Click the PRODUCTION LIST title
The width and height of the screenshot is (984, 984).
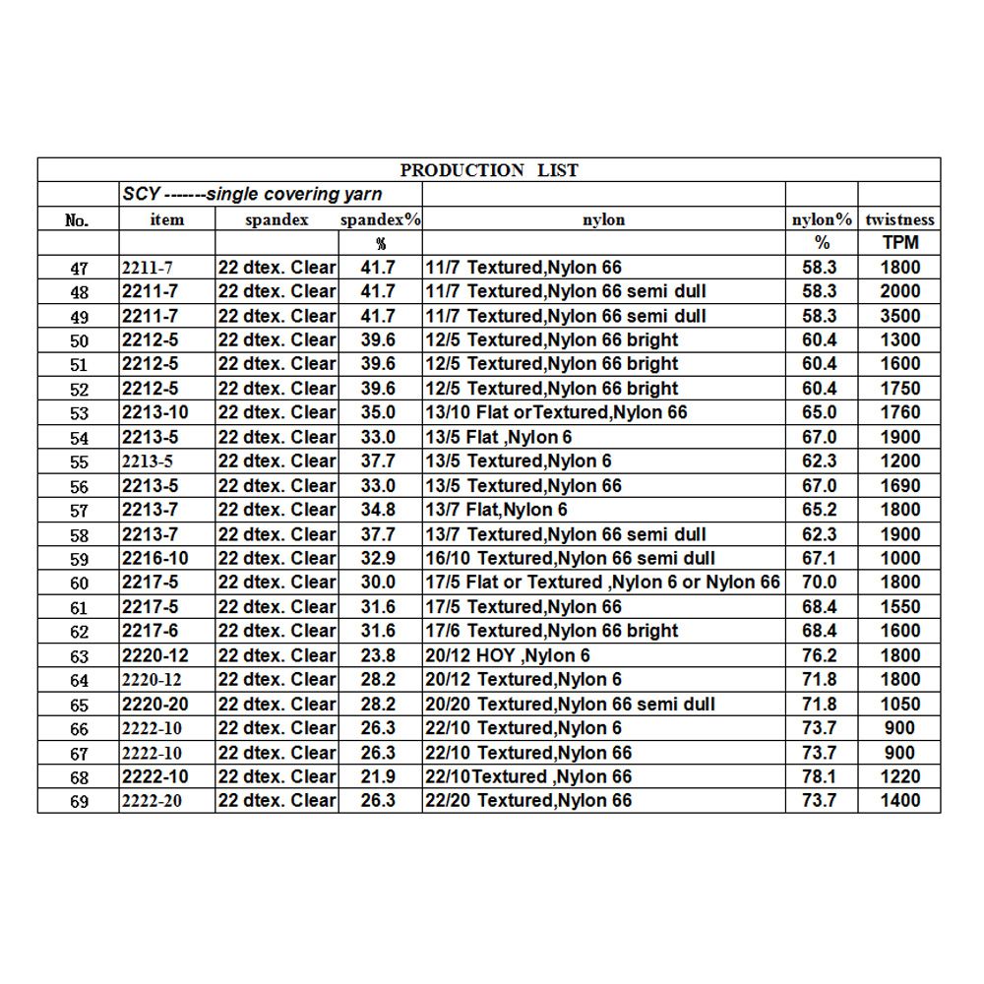tap(489, 170)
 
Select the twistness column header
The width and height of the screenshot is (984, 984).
tap(899, 219)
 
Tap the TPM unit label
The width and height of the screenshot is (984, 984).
tap(899, 243)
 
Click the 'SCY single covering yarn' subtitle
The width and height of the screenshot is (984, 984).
tap(253, 195)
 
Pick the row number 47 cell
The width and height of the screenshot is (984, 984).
tap(79, 268)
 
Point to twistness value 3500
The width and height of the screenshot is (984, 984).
tap(900, 316)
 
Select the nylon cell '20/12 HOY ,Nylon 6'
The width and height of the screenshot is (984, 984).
tap(507, 655)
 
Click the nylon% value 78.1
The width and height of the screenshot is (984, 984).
tap(821, 776)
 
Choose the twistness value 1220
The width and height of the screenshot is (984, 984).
tap(900, 776)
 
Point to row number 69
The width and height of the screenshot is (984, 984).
tap(79, 801)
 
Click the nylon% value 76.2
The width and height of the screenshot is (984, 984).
tap(821, 655)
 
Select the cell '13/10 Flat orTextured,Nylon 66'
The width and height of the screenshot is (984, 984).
tap(556, 412)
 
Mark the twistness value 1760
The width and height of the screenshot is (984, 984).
tap(900, 412)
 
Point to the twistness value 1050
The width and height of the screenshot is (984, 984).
tap(900, 704)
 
